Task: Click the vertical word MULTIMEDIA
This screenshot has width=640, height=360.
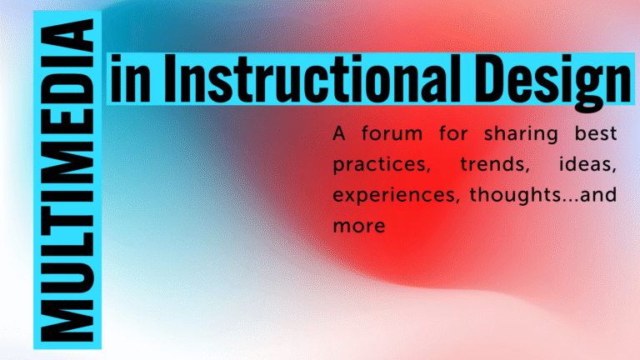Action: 67,180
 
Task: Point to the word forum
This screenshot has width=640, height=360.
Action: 392,133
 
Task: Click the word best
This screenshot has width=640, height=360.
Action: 596,133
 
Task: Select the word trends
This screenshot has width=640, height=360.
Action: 494,164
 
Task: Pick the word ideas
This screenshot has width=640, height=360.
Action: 587,164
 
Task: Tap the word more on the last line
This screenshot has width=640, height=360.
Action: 359,226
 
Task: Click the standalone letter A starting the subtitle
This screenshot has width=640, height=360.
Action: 339,133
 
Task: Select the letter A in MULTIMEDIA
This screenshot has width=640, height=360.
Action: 67,36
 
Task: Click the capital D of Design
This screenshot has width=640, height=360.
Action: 491,78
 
